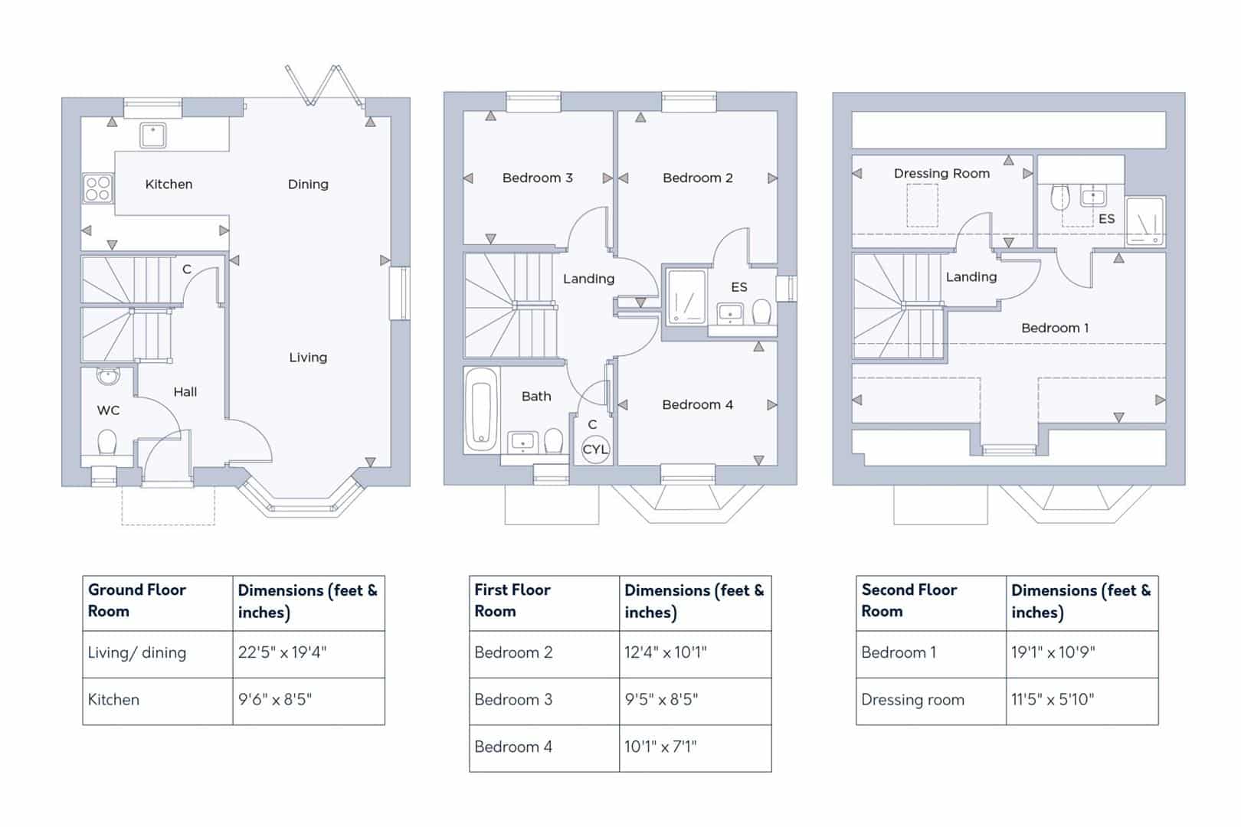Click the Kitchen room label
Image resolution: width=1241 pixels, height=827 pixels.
click(x=169, y=185)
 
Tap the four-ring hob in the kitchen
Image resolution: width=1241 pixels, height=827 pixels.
click(x=97, y=188)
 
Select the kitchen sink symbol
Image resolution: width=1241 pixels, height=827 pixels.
click(x=153, y=135)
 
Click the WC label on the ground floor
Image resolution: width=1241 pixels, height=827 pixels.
click(x=108, y=410)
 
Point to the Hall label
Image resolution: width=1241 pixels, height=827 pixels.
click(x=185, y=392)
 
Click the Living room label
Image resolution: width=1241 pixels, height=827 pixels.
click(x=308, y=358)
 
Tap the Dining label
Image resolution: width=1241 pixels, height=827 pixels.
click(x=308, y=185)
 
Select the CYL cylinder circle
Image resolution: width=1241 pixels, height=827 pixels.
click(x=594, y=449)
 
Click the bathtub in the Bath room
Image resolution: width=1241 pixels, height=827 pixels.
click(x=481, y=410)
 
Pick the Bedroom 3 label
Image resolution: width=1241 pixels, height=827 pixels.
click(x=537, y=178)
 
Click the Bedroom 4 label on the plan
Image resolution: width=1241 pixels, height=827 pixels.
click(x=697, y=404)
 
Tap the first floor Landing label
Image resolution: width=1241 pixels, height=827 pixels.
click(x=588, y=279)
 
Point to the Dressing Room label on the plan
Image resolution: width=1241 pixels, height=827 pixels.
click(x=941, y=174)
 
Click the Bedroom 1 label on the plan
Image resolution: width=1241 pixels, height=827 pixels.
click(x=1054, y=328)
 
